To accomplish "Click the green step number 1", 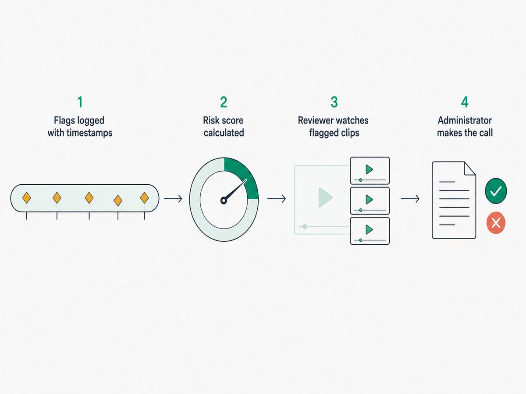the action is coord(80,102).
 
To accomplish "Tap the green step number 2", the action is coord(224,102).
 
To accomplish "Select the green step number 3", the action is coord(334,102).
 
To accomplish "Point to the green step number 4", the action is coord(465,102).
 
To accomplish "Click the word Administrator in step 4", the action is coord(465,120).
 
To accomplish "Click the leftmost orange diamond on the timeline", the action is coord(27,198).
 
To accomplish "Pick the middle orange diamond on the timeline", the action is coord(89,198).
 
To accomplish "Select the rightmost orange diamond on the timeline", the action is coord(144,198).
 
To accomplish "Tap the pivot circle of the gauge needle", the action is coord(224,201).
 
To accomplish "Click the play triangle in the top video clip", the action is coord(369,169).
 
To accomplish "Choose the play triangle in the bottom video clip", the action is coord(369,230).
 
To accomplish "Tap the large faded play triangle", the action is coord(325,197).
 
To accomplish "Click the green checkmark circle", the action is coord(496,191).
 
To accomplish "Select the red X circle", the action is coord(496,223).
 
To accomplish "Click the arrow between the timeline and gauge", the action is coord(173,199).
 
